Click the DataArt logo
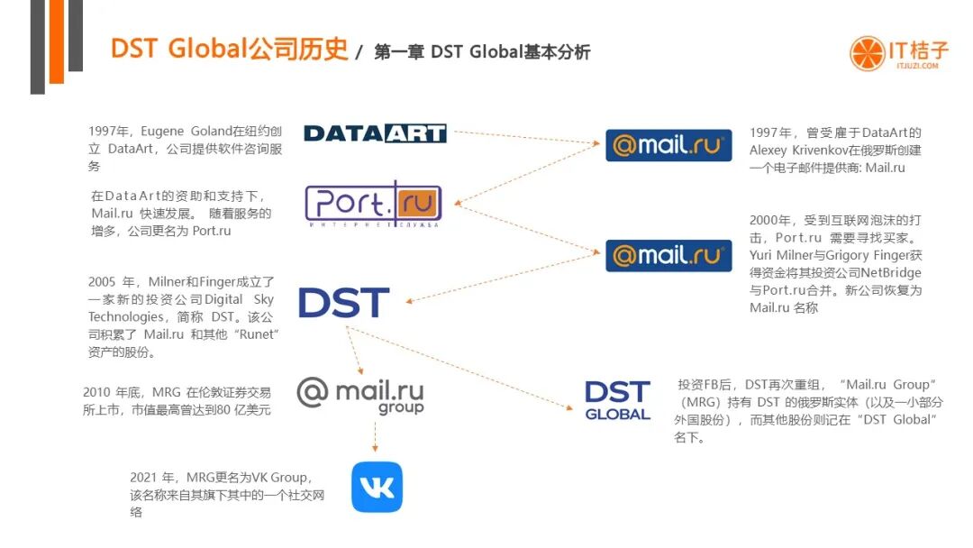tap(375, 133)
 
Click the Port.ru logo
tap(372, 205)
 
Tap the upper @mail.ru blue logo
tap(668, 145)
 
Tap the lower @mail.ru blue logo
tap(668, 255)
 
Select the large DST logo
tap(343, 304)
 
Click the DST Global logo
tap(617, 401)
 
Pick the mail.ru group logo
tap(360, 395)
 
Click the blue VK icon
tap(377, 487)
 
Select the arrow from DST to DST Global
tap(459, 368)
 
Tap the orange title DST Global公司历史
tap(229, 49)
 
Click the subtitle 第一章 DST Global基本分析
tap(482, 52)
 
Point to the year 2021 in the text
tap(144, 478)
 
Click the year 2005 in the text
tap(104, 282)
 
